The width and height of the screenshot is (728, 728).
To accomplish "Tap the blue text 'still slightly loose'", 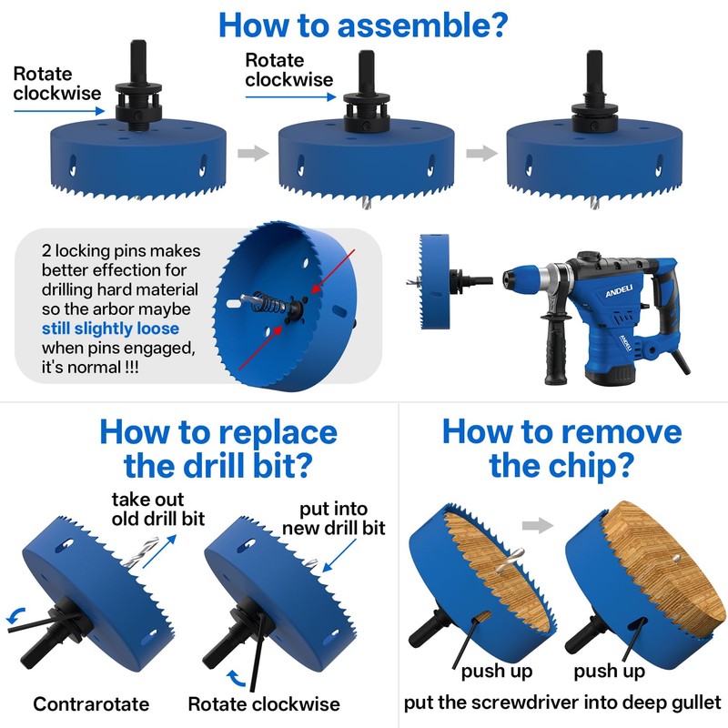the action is (110, 329).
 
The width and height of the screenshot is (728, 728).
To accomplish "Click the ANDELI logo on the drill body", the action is (619, 290).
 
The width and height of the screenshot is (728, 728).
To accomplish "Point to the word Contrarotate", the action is (91, 703).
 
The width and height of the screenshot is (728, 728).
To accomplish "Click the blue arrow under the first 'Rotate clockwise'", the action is (59, 111).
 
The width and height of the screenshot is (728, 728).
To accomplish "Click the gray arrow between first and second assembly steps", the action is (253, 153).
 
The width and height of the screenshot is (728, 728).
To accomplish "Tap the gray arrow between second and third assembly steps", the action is (481, 153).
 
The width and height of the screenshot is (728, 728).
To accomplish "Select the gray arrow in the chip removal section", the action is (538, 526).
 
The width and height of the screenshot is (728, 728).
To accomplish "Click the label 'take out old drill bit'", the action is (157, 509).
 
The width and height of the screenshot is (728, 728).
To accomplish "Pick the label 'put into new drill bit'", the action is (334, 518).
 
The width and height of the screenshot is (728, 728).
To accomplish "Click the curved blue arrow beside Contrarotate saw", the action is (17, 615).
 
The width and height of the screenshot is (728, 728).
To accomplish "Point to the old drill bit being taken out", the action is (139, 552).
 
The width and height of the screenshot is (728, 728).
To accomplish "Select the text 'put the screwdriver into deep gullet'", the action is (562, 703).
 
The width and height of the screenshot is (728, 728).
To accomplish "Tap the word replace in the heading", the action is (278, 434).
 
